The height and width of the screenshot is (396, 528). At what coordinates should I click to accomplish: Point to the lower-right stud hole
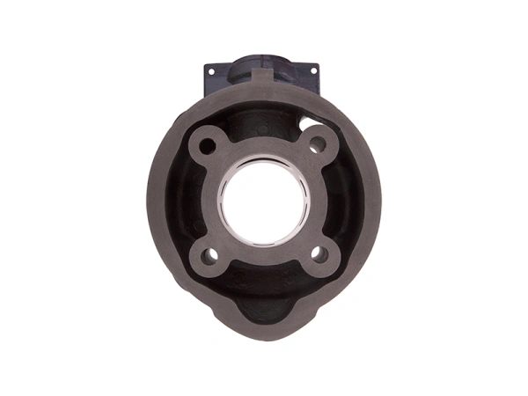coord(320,254)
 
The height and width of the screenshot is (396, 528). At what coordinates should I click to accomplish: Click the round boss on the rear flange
coord(264,69)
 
